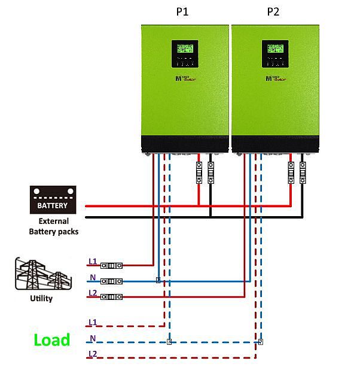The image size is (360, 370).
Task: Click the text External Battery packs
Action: [x=54, y=226]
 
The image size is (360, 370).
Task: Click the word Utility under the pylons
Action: [x=40, y=298]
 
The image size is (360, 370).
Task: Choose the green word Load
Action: [x=51, y=340]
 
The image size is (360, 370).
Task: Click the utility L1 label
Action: [x=92, y=261]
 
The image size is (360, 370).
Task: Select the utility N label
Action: [x=92, y=277]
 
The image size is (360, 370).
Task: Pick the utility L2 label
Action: [x=92, y=293]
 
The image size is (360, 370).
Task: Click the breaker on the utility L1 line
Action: [x=112, y=265]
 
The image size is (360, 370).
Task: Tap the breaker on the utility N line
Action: [x=112, y=281]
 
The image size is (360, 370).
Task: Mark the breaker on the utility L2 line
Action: [x=112, y=296]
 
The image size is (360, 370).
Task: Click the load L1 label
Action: [x=92, y=322]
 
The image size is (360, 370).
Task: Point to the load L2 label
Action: [x=92, y=354]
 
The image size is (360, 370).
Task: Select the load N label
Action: [x=92, y=338]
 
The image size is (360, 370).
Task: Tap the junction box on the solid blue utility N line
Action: [x=158, y=280]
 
